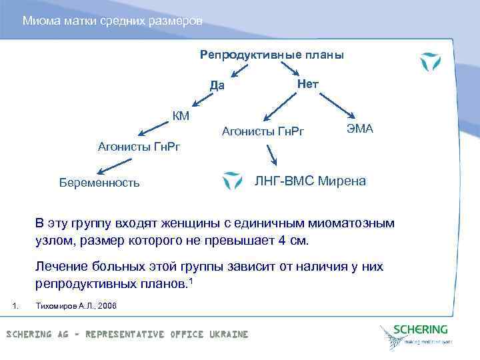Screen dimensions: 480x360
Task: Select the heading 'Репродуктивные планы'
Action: point(272,55)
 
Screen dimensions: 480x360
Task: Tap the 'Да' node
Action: point(217,85)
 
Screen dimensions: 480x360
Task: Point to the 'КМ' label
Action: point(181,117)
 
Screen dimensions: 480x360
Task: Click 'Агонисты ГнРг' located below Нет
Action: point(262,131)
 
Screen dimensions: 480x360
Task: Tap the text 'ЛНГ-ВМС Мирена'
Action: point(311,181)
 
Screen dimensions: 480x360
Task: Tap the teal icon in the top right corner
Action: point(430,61)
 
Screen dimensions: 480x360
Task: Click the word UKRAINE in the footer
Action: point(228,334)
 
